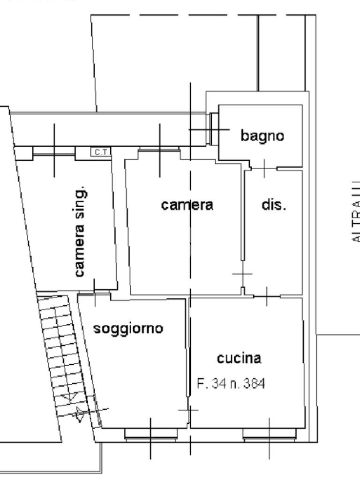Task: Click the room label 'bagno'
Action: pyautogui.click(x=262, y=136)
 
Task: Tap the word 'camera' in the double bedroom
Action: pyautogui.click(x=187, y=205)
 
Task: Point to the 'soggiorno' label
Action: pyautogui.click(x=128, y=328)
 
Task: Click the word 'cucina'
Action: pyautogui.click(x=239, y=359)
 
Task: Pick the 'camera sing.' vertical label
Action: pyautogui.click(x=81, y=232)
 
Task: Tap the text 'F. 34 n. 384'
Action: pyautogui.click(x=231, y=384)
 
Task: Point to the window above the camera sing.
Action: pyautogui.click(x=54, y=150)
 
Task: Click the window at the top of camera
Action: pyautogui.click(x=159, y=150)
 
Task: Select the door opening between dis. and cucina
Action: pyautogui.click(x=266, y=296)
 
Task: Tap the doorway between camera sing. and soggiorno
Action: pyautogui.click(x=94, y=292)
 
